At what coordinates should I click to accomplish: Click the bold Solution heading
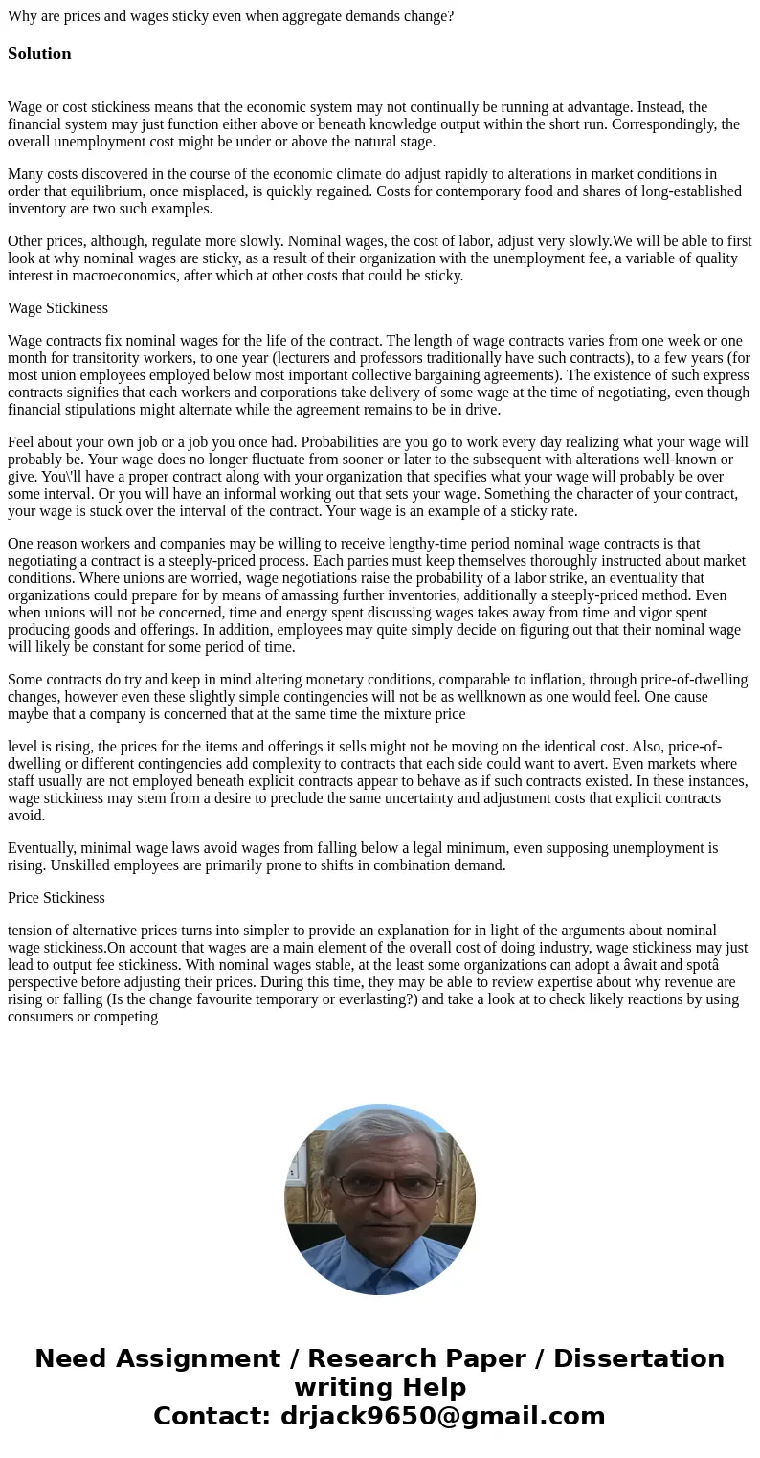[39, 54]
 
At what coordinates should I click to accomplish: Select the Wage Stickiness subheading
[57, 308]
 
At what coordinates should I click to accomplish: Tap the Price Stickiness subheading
[56, 898]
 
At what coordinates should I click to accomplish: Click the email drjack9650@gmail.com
[442, 1416]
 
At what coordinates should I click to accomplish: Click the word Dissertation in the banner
[638, 1358]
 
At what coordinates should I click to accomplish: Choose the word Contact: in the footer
[212, 1416]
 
